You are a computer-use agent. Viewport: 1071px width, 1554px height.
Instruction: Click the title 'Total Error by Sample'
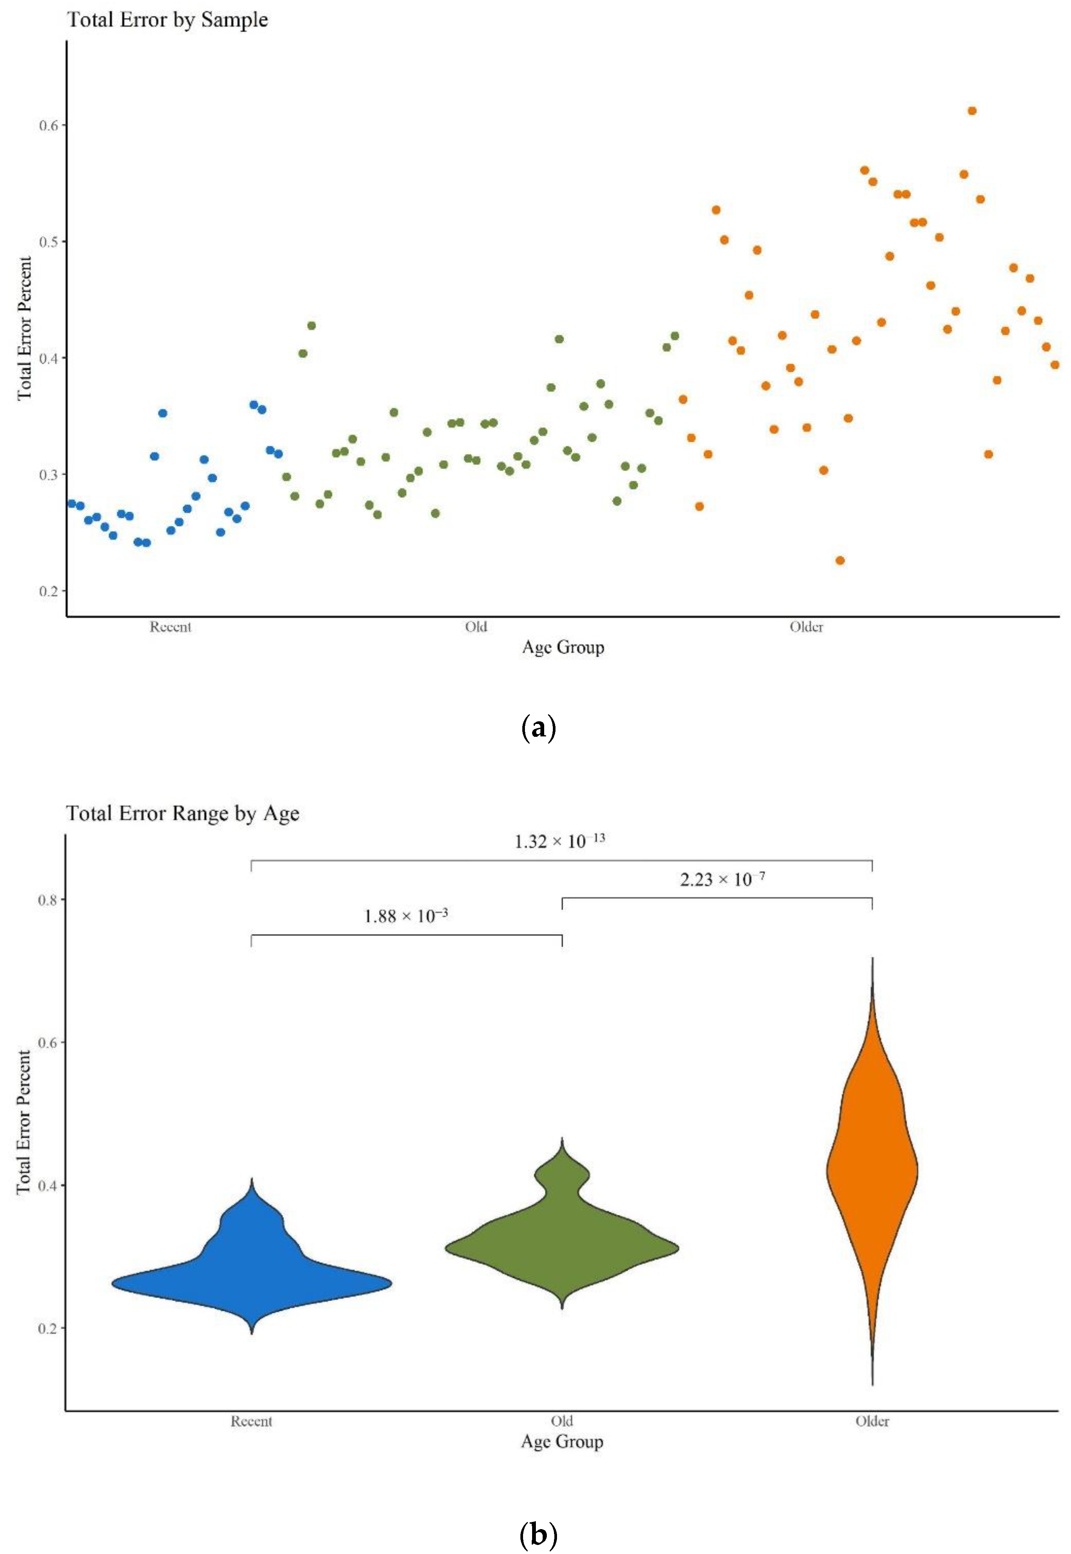click(168, 20)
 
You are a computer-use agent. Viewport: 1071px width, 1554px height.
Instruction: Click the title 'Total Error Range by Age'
click(183, 813)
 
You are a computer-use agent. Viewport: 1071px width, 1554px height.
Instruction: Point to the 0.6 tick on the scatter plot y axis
click(48, 126)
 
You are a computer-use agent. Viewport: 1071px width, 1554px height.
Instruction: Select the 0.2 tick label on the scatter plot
click(48, 591)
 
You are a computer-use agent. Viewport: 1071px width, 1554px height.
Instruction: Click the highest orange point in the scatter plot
click(972, 111)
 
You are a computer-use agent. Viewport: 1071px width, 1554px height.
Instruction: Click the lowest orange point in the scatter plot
click(840, 561)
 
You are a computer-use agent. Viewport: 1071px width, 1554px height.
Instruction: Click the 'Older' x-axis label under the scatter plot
click(806, 627)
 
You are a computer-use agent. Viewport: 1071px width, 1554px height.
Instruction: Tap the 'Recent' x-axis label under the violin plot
click(252, 1421)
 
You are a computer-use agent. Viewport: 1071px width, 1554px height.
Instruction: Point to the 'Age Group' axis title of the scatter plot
click(563, 648)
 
